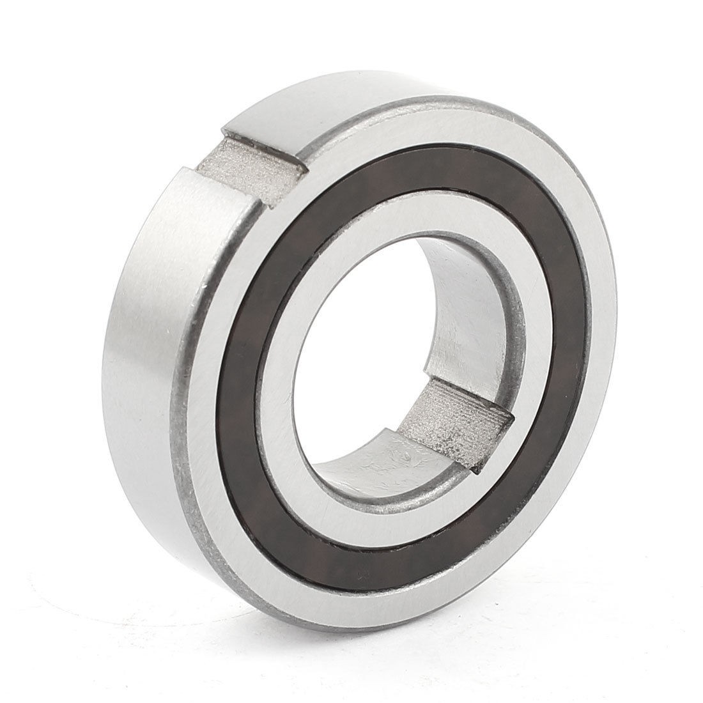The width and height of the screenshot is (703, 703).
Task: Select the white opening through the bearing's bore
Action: (x=371, y=320)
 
